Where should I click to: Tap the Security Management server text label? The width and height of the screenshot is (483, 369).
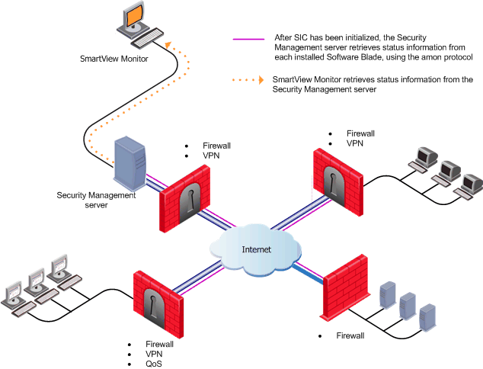click(x=96, y=200)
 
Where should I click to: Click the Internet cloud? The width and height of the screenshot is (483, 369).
click(x=255, y=249)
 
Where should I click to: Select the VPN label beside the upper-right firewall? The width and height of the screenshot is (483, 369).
click(x=355, y=143)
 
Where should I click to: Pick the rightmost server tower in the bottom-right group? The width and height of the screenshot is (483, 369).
click(x=427, y=315)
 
